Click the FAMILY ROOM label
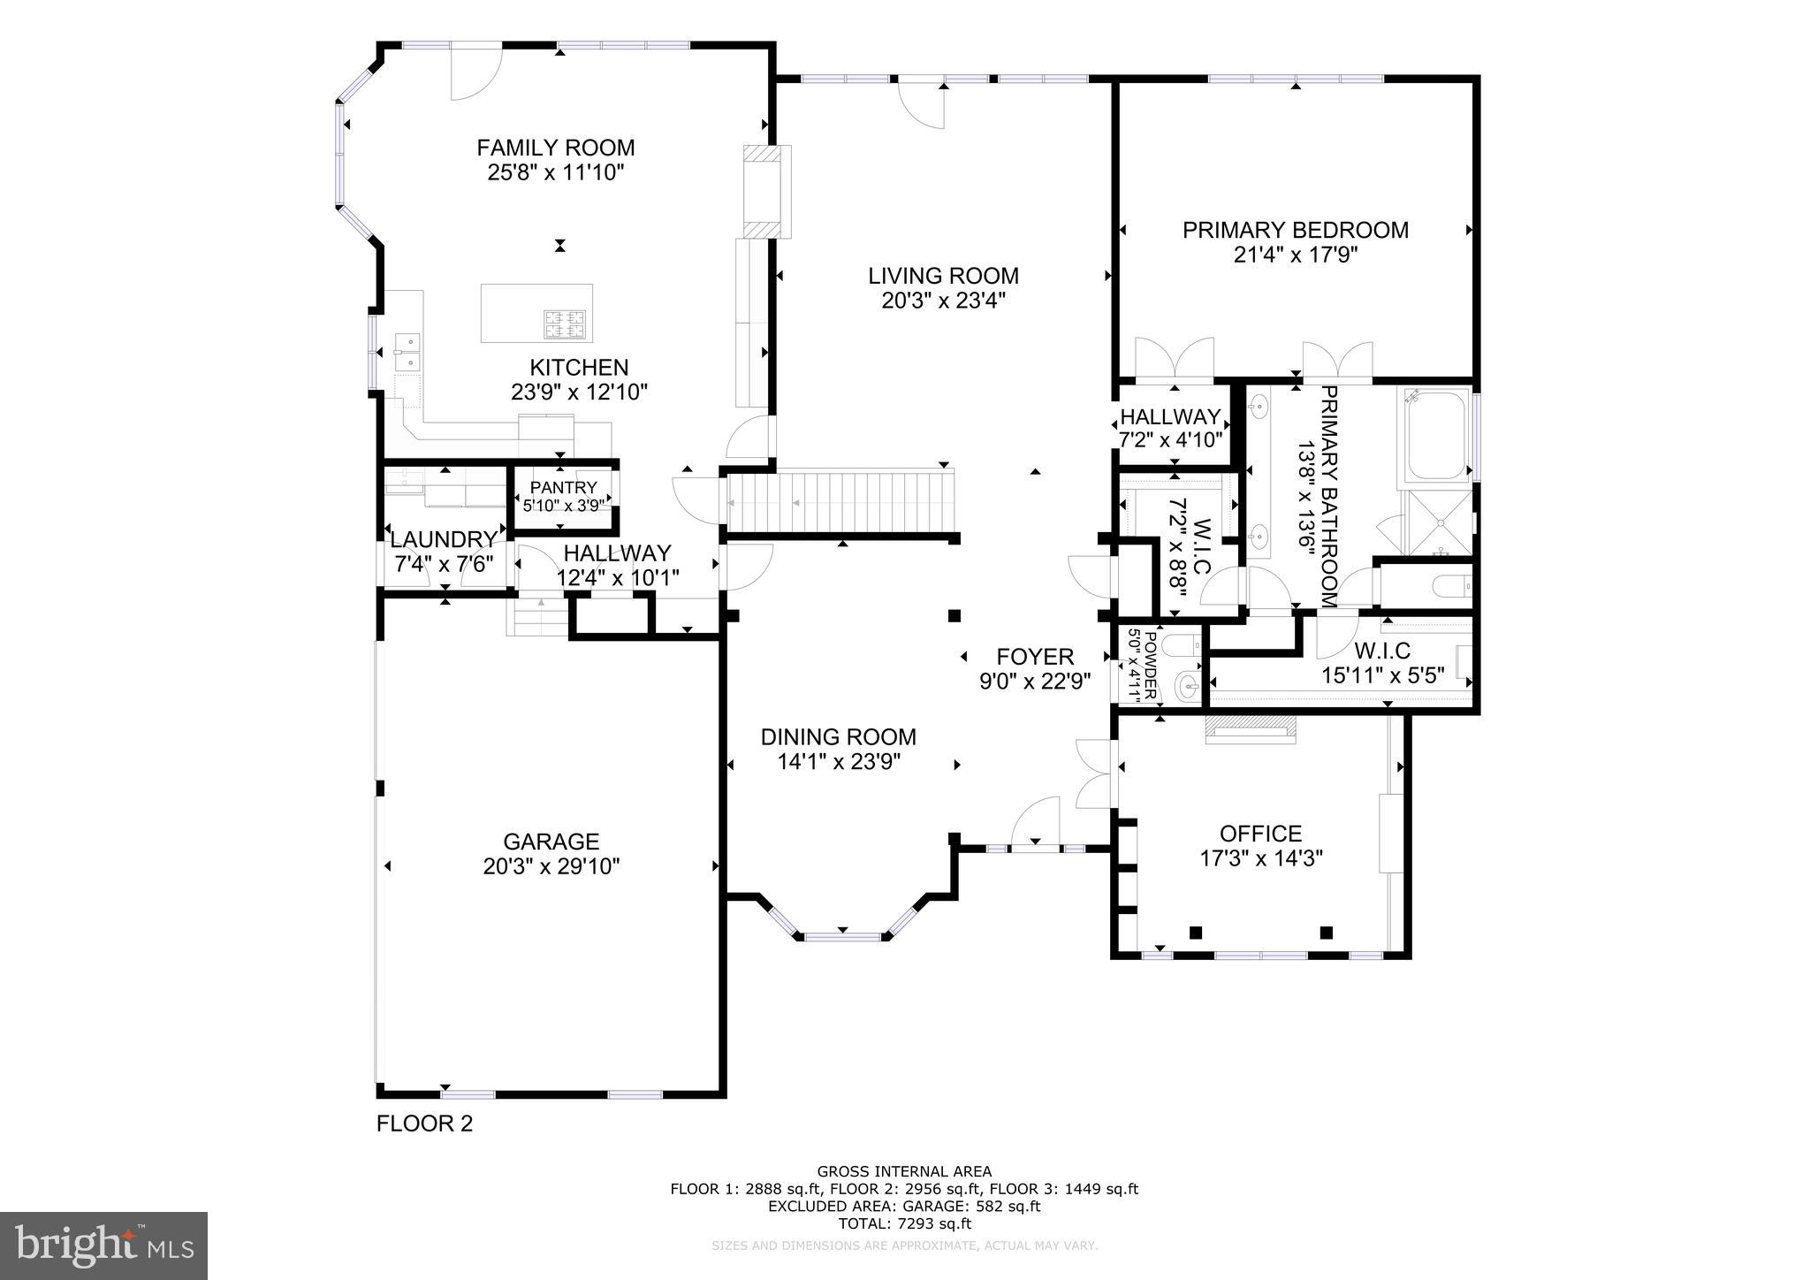pos(556,148)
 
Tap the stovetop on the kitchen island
pos(566,324)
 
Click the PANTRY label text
pos(564,488)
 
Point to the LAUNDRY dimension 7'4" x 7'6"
pos(443,564)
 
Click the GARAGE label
pos(551,842)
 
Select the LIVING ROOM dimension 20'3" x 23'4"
pos(943,301)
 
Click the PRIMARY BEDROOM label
pos(1296,231)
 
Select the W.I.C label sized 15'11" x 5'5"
pos(1382,651)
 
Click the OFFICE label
pos(1260,834)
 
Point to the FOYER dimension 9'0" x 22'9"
pos(1035,682)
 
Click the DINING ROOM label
pos(839,737)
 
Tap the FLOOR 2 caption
pos(424,1124)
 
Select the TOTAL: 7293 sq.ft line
pos(904,1223)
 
